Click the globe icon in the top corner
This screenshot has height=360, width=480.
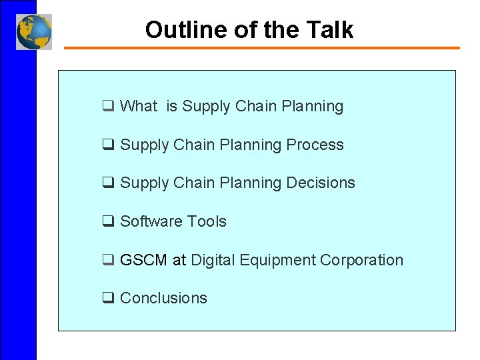[34, 31]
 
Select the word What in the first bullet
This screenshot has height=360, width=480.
[139, 106]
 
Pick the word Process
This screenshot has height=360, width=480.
[315, 145]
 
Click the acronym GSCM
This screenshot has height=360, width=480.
[143, 260]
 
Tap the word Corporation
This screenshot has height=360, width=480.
[362, 260]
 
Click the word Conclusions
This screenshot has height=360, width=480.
[163, 298]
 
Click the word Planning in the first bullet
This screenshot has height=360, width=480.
[313, 106]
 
